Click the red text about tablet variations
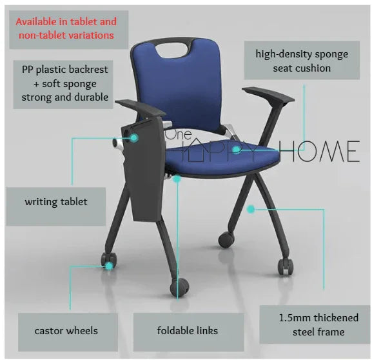tap(63, 28)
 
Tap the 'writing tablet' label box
tap(56, 202)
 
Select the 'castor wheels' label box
tap(66, 331)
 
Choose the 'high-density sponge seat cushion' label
tap(301, 60)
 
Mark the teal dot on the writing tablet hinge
tap(134, 137)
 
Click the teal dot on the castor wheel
tap(110, 265)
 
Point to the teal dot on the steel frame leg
tap(251, 208)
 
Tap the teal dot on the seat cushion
tap(237, 149)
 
